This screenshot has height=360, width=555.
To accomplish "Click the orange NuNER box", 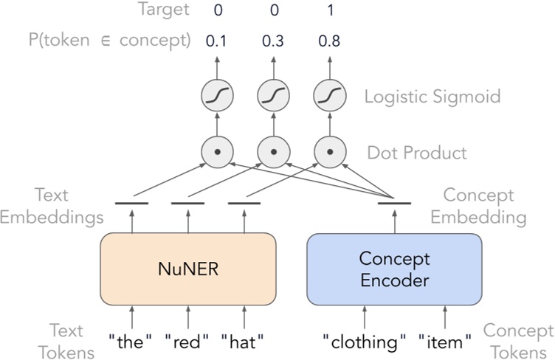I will [188, 269].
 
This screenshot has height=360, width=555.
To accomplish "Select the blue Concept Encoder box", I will [394, 269].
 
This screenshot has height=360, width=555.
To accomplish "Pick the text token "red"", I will [188, 342].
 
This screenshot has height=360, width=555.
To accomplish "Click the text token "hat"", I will [244, 342].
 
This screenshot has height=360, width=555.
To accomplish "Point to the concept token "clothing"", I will [365, 342].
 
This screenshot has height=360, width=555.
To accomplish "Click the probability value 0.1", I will [216, 41].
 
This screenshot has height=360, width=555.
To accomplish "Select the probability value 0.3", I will [272, 41].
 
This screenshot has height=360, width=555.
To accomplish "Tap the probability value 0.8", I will [329, 41].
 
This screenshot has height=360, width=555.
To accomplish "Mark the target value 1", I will [329, 10].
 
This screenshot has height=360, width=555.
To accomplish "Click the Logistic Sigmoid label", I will [432, 96].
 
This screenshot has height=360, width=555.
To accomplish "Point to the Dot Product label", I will [417, 153].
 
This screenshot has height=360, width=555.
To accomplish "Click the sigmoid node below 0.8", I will [329, 96].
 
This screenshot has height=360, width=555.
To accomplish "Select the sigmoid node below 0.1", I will [216, 96].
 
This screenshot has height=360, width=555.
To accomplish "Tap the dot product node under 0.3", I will [272, 153].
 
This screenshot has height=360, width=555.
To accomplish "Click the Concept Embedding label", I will [478, 207].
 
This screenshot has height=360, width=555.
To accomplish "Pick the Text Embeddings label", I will [51, 207].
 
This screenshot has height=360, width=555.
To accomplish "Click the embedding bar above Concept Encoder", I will [394, 203].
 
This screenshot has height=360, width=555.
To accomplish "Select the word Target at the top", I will [163, 10].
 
